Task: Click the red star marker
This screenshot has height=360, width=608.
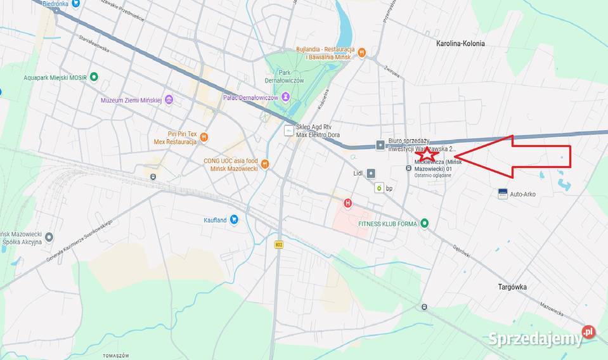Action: click(x=427, y=153)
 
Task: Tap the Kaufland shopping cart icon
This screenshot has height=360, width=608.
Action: click(x=234, y=219)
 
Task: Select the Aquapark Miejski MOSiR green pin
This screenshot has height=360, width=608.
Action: click(x=94, y=77)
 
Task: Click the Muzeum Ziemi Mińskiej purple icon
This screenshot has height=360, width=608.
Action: click(x=169, y=100)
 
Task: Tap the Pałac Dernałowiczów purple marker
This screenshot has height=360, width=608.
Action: click(x=286, y=96)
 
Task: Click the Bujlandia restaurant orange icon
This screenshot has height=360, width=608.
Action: click(x=361, y=53)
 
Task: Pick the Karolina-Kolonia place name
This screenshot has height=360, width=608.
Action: click(x=460, y=44)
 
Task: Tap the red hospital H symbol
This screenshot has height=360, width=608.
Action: click(x=347, y=203)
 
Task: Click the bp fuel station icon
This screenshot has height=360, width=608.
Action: click(x=379, y=188)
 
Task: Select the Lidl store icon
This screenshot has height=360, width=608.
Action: click(x=370, y=173)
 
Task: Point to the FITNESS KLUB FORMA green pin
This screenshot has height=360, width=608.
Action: click(x=424, y=223)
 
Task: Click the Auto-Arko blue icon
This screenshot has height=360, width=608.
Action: click(x=503, y=193)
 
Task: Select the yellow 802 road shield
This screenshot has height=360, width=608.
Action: click(x=279, y=244)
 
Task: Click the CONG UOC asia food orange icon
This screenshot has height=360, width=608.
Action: click(x=265, y=164)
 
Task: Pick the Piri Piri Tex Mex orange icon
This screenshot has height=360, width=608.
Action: click(x=204, y=138)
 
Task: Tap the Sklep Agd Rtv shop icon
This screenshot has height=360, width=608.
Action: click(x=289, y=131)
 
